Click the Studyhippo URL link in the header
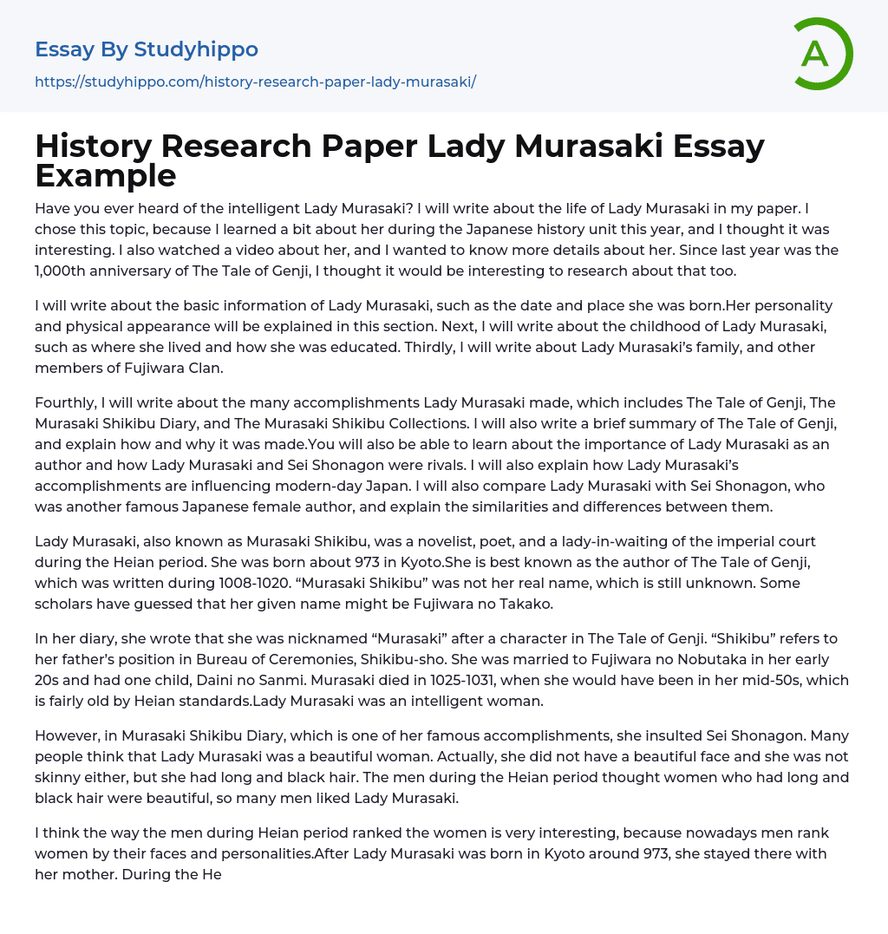click(x=255, y=82)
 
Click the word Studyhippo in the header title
click(x=196, y=49)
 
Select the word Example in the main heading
click(x=106, y=176)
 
